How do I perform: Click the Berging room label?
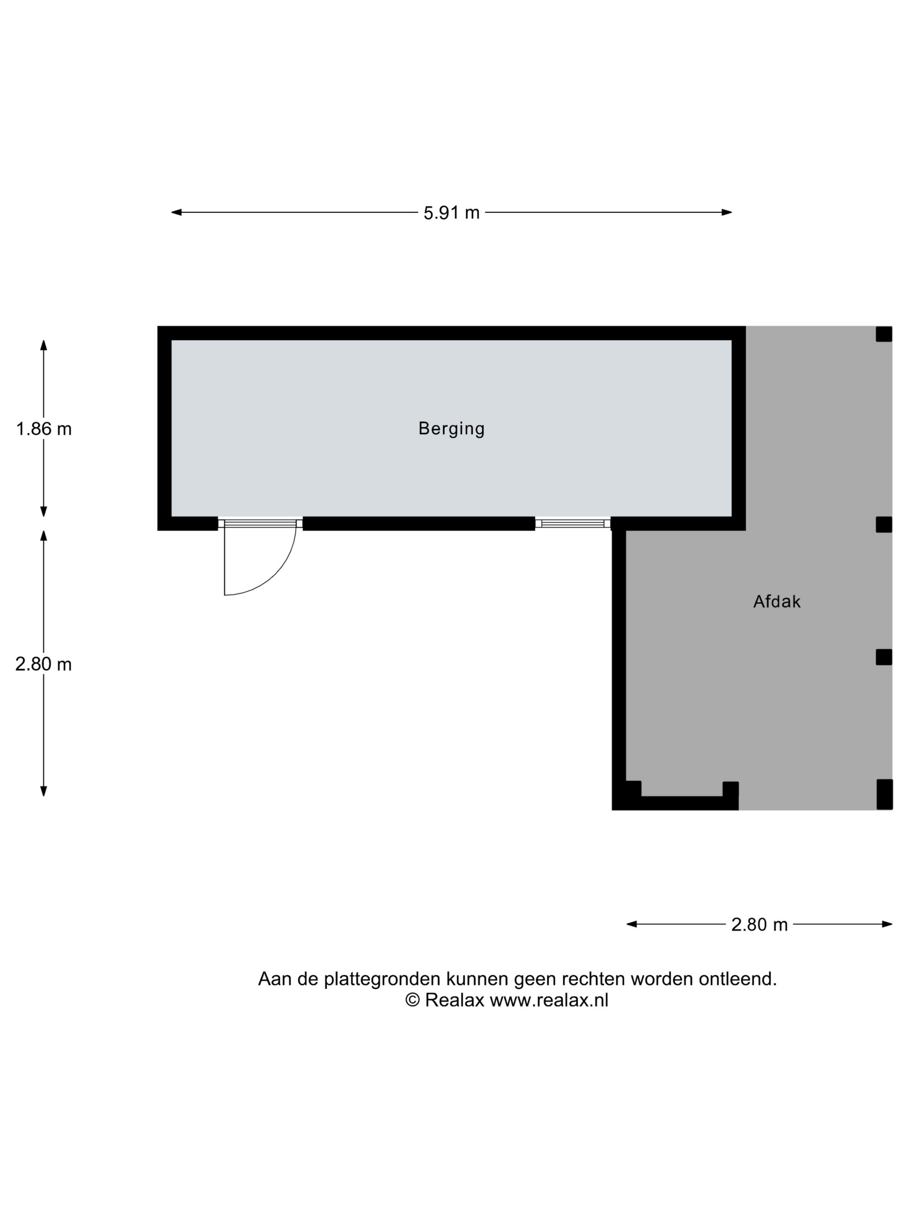pos(451,429)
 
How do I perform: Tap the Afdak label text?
pos(777,602)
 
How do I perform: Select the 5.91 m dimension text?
pos(451,213)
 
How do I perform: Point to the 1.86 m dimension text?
pos(44,429)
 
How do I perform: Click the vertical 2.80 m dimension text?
pos(44,664)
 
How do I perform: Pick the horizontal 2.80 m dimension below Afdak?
pos(759,925)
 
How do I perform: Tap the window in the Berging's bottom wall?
pos(573,524)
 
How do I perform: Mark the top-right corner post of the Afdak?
pos(884,334)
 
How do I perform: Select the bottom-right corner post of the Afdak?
pos(884,794)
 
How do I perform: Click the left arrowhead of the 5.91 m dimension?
pos(177,213)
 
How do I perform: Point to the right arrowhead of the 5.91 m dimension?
pos(726,213)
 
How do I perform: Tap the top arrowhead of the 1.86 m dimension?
pos(44,345)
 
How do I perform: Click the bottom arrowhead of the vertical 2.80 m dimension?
pos(44,791)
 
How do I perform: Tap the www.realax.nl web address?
pos(549,1000)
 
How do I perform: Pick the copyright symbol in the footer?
pos(413,1000)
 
